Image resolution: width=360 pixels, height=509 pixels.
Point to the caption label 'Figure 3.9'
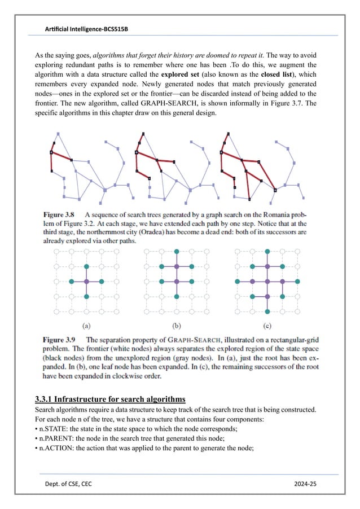pos(60,340)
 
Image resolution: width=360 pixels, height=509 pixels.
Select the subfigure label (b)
pos(177,326)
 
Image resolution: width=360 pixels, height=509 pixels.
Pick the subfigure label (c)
pos(267,326)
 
